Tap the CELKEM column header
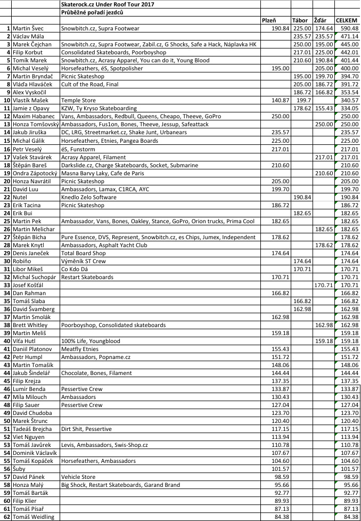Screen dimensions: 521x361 [x=347, y=20]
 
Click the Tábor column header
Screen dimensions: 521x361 [x=300, y=20]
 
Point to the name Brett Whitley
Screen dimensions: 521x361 [x=30, y=324]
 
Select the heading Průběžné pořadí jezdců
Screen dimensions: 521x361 [x=92, y=12]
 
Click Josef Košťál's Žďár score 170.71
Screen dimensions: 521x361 [x=323, y=284]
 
